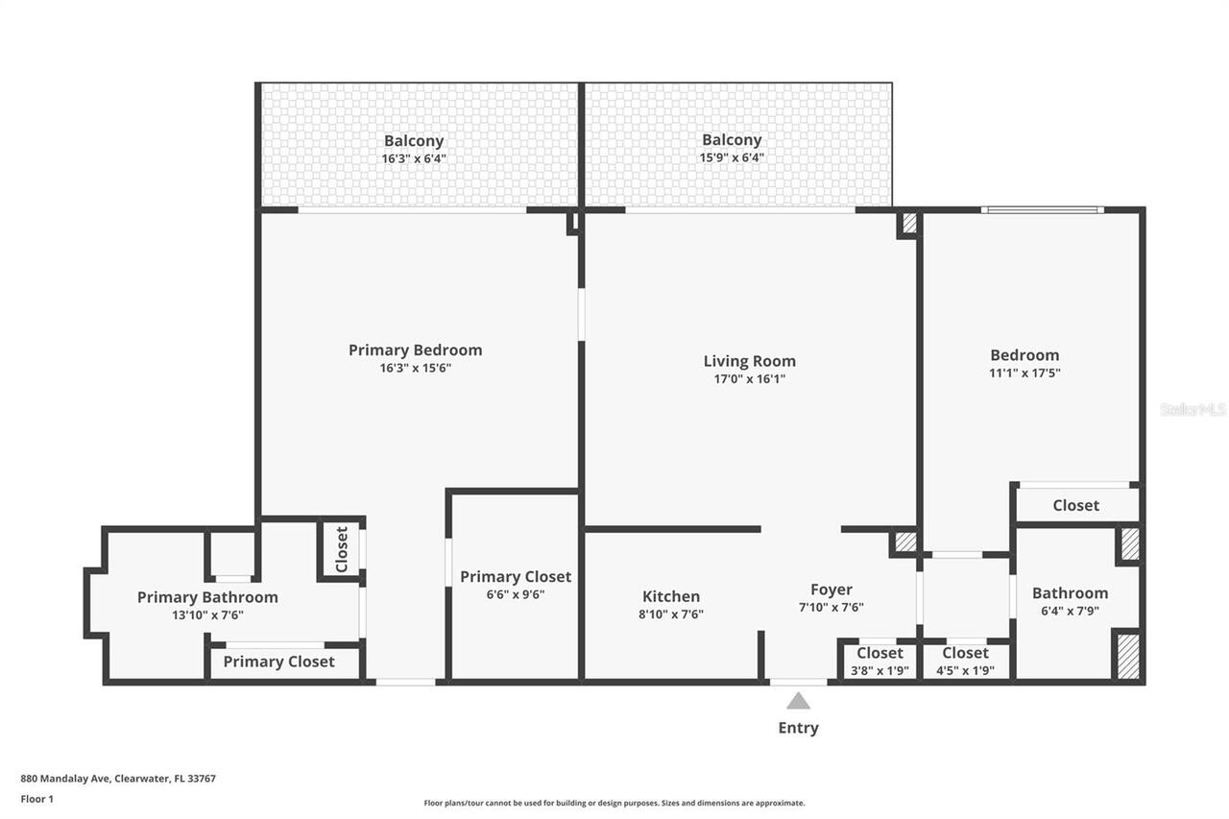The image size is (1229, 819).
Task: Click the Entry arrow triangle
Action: pyautogui.click(x=798, y=702)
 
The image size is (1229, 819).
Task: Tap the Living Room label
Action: pyautogui.click(x=749, y=361)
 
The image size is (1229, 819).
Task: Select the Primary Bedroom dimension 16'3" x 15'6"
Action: pyautogui.click(x=415, y=368)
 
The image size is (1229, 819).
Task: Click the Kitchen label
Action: pyautogui.click(x=671, y=596)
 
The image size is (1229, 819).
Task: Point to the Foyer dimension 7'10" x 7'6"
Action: pyautogui.click(x=831, y=607)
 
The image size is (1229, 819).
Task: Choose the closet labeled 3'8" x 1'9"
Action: pyautogui.click(x=880, y=670)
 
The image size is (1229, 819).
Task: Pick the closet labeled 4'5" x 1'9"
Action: pyautogui.click(x=965, y=670)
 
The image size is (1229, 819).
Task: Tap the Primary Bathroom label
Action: pyautogui.click(x=207, y=597)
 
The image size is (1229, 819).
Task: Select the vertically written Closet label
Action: pyautogui.click(x=342, y=548)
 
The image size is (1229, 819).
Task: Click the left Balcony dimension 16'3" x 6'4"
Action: pyautogui.click(x=414, y=158)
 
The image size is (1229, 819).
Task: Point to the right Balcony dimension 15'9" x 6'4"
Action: pyautogui.click(x=732, y=157)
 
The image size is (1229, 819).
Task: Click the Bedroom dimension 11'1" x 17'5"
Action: pyautogui.click(x=1024, y=373)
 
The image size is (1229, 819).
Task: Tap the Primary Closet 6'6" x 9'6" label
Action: pyautogui.click(x=516, y=577)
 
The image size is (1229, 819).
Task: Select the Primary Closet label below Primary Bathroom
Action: pyautogui.click(x=278, y=662)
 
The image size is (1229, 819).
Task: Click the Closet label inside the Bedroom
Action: pyautogui.click(x=1075, y=505)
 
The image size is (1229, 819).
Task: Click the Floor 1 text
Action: pyautogui.click(x=37, y=798)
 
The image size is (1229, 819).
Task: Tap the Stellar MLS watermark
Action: pyautogui.click(x=1193, y=409)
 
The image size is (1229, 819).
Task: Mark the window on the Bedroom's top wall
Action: pyautogui.click(x=1042, y=209)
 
